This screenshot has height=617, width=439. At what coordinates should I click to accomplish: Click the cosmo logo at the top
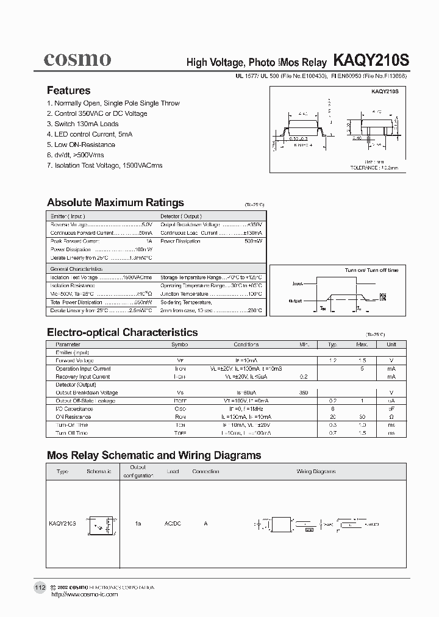click(77, 59)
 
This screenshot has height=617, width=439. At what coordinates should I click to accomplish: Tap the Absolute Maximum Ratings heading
click(115, 202)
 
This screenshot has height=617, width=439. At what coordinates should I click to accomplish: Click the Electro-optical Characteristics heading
click(122, 332)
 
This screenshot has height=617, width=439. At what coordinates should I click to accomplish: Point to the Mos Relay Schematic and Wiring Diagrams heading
click(154, 455)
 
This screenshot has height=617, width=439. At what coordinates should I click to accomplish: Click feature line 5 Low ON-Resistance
click(80, 144)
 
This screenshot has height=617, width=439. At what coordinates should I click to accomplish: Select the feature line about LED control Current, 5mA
click(89, 134)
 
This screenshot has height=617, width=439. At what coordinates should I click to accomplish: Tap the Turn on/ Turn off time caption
click(371, 270)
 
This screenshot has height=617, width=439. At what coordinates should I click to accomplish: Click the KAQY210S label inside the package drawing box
click(385, 91)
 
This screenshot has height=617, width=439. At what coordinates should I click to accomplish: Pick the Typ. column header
click(333, 344)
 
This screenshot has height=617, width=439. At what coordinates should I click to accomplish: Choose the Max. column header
click(362, 344)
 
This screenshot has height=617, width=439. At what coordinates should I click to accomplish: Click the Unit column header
click(391, 344)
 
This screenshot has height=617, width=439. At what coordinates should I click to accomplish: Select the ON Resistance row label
click(71, 416)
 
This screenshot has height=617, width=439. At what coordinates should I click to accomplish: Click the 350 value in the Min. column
click(304, 393)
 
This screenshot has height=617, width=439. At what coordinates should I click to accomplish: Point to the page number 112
click(40, 587)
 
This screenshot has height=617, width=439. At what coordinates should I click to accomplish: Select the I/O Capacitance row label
click(71, 408)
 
